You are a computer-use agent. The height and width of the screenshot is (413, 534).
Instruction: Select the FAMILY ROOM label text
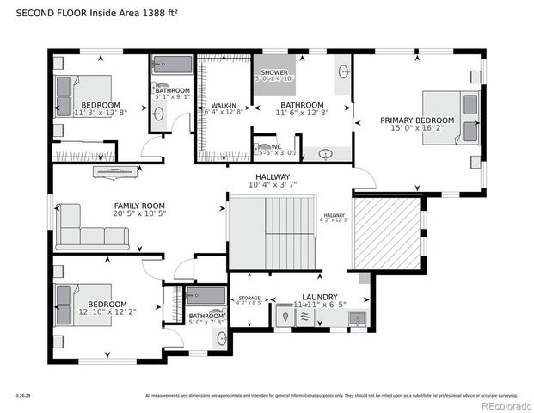(x=139, y=206)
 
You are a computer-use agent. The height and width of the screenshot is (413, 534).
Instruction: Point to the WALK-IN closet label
(x=224, y=105)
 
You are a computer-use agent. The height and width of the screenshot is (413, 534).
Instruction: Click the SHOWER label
(x=274, y=73)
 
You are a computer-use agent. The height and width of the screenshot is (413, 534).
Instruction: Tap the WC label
(x=277, y=146)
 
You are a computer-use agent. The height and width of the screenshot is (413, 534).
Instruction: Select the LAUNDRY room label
(x=319, y=297)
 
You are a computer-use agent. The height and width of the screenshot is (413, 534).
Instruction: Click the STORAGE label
(x=249, y=298)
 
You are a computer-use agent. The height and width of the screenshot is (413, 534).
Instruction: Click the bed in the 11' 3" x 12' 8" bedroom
(x=83, y=96)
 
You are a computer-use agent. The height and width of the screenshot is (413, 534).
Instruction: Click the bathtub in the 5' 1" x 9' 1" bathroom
(x=172, y=66)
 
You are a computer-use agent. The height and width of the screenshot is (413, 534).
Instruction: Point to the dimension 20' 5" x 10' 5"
(x=139, y=214)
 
